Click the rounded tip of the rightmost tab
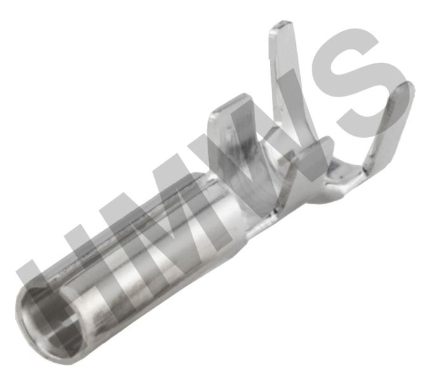[x=406, y=86]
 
